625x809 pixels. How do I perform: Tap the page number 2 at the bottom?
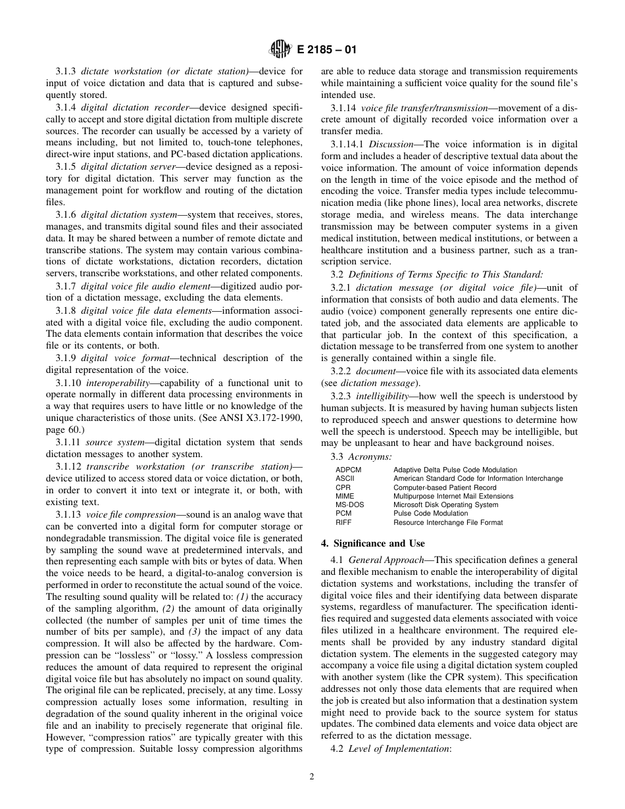(312, 776)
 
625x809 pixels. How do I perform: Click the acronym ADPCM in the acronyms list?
(348, 470)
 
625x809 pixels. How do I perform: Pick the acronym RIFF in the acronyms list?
(343, 522)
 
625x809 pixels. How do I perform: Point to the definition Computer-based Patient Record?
(445, 487)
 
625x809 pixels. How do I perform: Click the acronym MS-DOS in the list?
(349, 505)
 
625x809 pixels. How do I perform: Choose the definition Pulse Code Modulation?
(430, 514)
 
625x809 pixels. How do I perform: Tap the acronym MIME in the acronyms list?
(344, 497)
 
